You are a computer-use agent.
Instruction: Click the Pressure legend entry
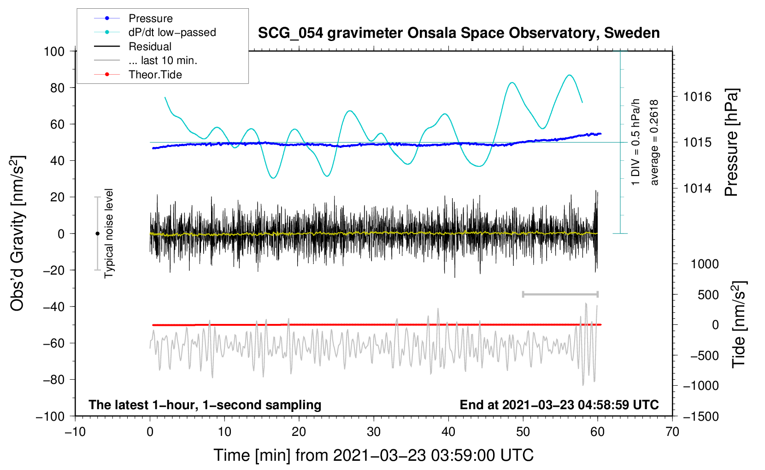[134, 18]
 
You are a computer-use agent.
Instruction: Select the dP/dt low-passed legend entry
[155, 32]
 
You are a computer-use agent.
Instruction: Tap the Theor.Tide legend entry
[138, 75]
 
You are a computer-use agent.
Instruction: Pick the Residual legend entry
[133, 47]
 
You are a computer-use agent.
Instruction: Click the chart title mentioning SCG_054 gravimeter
[459, 33]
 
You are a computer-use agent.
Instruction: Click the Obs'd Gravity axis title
[18, 233]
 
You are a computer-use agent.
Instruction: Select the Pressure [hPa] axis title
[731, 142]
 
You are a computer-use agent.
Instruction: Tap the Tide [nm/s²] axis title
[739, 324]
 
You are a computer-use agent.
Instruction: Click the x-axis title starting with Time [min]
[374, 455]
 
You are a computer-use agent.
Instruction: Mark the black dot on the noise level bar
[97, 234]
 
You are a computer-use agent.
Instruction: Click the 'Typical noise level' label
[108, 233]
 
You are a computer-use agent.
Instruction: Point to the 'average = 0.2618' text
[654, 142]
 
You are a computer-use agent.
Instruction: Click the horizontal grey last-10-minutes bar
[560, 294]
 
